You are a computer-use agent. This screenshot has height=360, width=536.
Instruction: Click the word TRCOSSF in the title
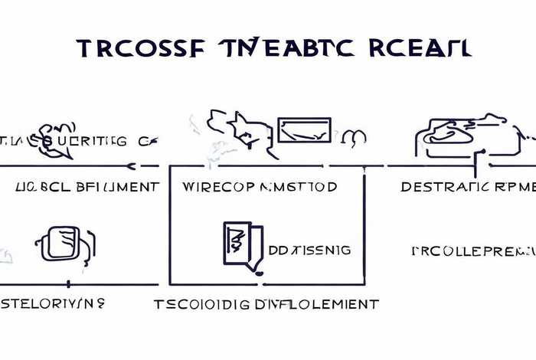tap(133, 47)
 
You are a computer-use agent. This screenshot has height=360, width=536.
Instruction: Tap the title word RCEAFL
tap(420, 47)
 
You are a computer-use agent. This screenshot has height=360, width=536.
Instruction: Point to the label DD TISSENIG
tap(310, 250)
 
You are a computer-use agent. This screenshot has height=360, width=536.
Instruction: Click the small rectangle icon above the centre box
tap(304, 129)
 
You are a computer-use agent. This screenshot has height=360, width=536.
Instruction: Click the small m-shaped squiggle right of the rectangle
tap(356, 138)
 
